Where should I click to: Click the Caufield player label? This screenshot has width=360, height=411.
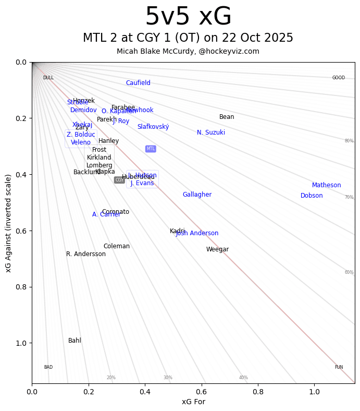point(138,83)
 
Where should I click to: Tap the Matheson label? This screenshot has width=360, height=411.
point(327,185)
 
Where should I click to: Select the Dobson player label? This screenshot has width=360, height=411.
point(312,196)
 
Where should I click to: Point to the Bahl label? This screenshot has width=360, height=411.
point(75,341)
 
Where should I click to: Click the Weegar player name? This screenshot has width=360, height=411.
point(217,249)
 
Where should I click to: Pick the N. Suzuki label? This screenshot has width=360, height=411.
point(211,132)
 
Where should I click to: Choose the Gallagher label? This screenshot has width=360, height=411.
point(197,195)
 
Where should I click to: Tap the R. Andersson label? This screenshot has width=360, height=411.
point(86,254)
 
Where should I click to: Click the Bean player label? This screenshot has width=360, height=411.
point(227,117)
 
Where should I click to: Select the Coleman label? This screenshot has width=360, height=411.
point(117,246)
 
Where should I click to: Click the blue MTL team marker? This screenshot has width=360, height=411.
point(151,149)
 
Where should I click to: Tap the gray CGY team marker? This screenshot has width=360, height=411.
point(119,180)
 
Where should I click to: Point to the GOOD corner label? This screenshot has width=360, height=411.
point(339,78)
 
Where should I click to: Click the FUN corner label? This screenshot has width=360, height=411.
point(339,367)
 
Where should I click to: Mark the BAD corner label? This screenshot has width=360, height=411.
point(48,367)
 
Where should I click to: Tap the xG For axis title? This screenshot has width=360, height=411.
point(193,402)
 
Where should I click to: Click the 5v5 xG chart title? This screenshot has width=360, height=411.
point(188,17)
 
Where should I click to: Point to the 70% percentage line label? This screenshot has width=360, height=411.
point(349,197)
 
